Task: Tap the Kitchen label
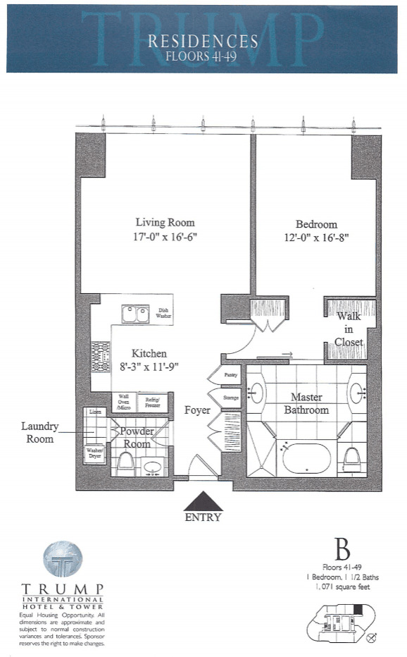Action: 149,352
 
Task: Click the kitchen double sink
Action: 134,314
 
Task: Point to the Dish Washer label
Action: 163,314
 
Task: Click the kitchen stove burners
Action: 101,357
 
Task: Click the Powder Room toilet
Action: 126,462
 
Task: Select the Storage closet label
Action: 232,398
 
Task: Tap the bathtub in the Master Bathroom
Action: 306,459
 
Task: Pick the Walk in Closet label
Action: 349,328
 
